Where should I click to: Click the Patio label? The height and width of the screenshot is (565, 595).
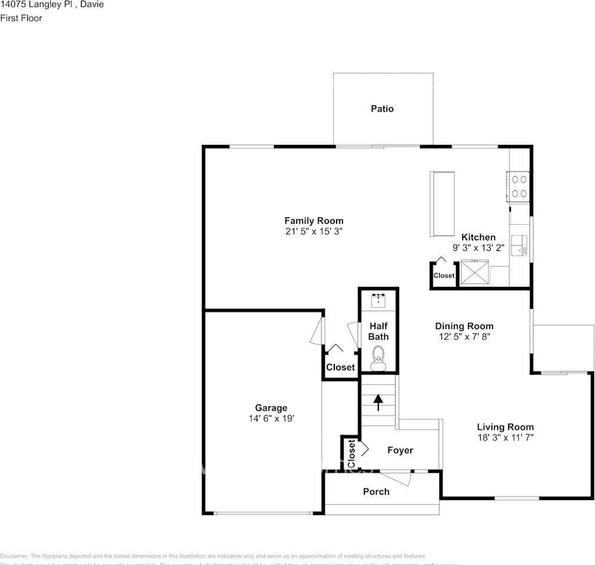pos(382,109)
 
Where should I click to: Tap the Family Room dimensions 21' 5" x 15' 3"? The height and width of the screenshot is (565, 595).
pos(314,232)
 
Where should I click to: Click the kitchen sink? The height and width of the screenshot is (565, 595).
pos(519,245)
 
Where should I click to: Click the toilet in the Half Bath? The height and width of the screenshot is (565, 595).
pos(378,357)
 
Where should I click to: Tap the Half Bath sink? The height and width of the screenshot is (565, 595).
pos(378,301)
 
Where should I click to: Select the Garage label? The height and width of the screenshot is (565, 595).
pos(271,408)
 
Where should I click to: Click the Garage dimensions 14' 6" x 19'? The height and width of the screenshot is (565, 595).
pos(271,418)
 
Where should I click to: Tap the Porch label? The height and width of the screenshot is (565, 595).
pos(376,491)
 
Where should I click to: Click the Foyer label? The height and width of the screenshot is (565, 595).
pos(400,450)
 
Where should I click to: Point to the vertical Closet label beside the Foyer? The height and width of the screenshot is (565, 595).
pos(351,454)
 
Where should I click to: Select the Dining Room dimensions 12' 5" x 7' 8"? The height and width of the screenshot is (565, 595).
pos(464,337)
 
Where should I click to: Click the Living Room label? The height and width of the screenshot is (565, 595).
pos(506,427)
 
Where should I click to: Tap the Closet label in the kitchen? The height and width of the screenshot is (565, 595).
pos(444,275)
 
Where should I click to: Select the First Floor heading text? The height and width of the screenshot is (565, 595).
pos(21,18)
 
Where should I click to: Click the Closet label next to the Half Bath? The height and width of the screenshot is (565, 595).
pos(340,367)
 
